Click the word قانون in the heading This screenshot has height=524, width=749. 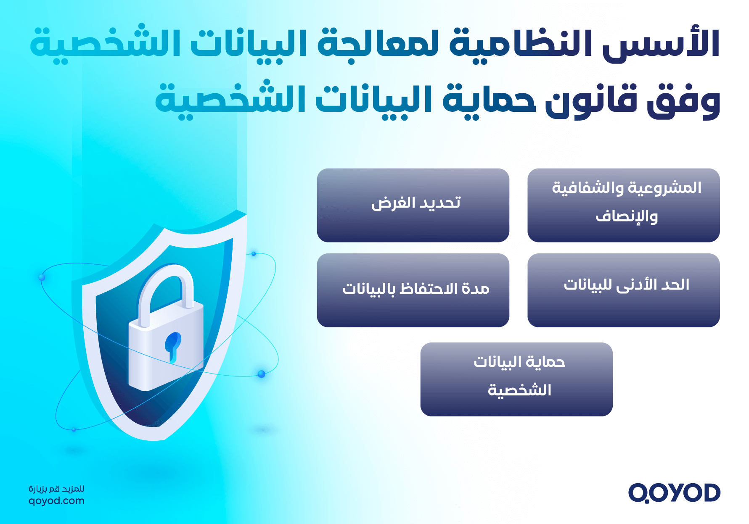coord(590,101)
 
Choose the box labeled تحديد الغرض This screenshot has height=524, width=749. coord(413,205)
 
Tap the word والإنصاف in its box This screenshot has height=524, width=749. coord(627,216)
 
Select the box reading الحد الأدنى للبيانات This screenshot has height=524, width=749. coord(623,290)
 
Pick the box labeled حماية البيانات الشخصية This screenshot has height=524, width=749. coord(516,379)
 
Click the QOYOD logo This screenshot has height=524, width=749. coord(674,492)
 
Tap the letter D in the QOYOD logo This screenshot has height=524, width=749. coord(710,492)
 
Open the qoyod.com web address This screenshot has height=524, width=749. coord(56,500)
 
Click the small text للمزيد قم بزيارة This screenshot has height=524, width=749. coord(56,489)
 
